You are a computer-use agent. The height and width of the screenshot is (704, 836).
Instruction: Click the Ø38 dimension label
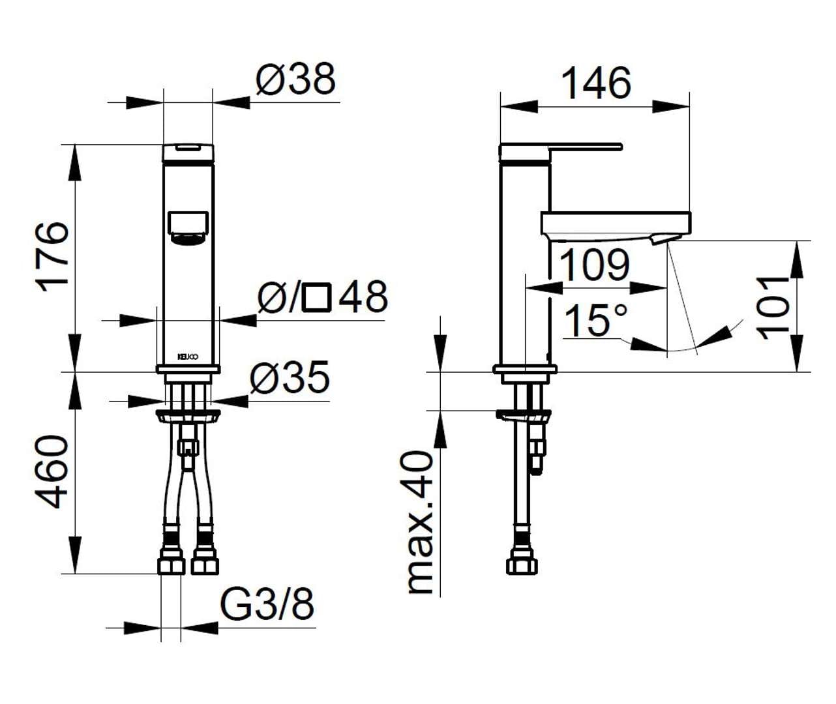tap(295, 80)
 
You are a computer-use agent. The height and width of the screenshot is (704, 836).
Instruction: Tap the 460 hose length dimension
tap(52, 472)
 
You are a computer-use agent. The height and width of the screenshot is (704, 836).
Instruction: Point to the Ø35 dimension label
tap(290, 377)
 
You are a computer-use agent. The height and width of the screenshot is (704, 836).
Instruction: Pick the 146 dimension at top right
tap(596, 83)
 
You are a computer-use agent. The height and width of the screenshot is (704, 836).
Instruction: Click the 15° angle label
tap(595, 320)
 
